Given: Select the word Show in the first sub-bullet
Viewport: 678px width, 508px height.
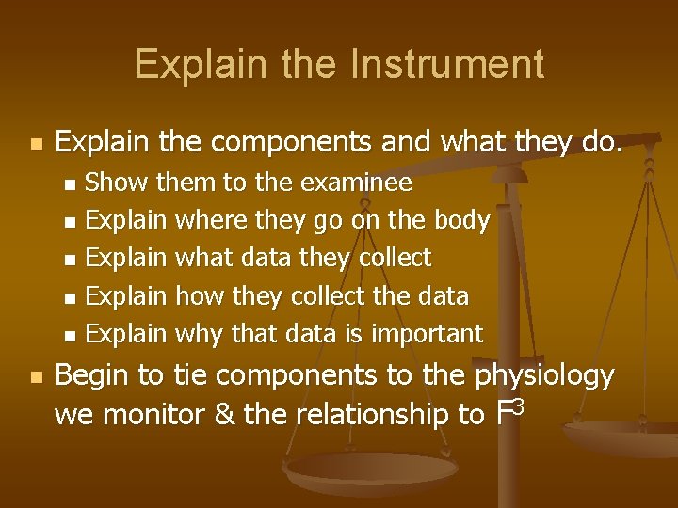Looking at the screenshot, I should click(x=123, y=181).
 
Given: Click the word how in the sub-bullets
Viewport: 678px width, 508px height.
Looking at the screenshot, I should click(x=195, y=295).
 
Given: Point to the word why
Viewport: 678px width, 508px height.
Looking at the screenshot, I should click(x=195, y=334).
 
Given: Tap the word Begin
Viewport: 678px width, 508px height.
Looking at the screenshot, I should click(x=93, y=376).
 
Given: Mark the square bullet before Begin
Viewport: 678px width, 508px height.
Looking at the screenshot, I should click(x=35, y=377).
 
